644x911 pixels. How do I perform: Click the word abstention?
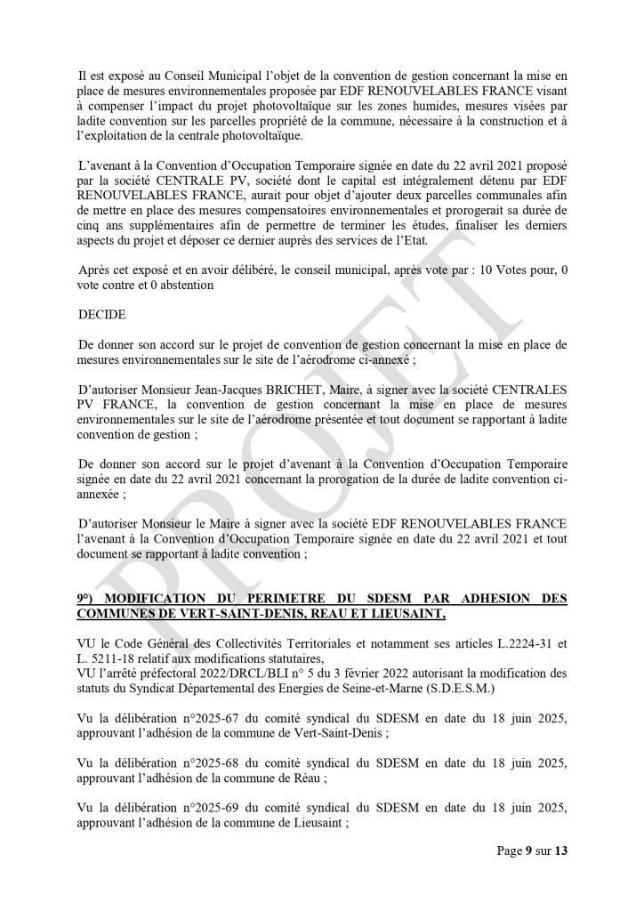[x=183, y=286]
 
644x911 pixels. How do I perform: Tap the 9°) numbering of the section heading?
[x=87, y=598]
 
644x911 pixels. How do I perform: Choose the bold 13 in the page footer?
[x=560, y=851]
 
